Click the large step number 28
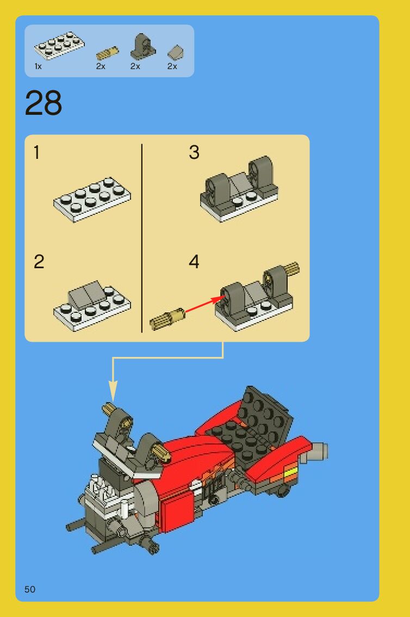click(44, 103)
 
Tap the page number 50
click(30, 589)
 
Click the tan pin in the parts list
click(107, 53)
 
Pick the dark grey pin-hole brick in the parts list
click(142, 46)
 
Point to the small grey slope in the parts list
click(176, 52)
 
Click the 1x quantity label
click(38, 66)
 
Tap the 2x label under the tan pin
click(101, 66)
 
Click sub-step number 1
click(36, 153)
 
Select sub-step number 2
click(39, 262)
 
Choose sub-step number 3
click(194, 153)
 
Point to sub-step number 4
click(194, 262)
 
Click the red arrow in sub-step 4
click(204, 305)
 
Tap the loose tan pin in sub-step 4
click(167, 318)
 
